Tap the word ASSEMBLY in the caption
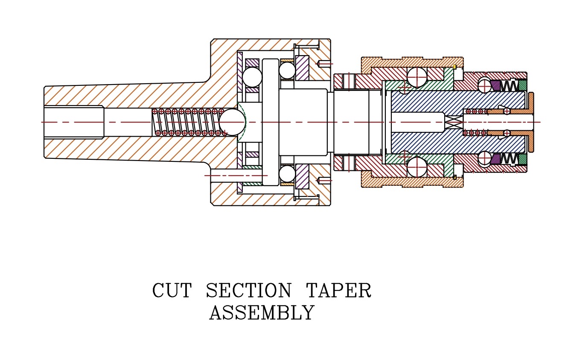[x=262, y=313]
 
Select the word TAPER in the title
[x=338, y=291]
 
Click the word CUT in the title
[x=172, y=291]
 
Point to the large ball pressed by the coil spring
[x=232, y=122]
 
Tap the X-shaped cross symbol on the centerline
[x=454, y=122]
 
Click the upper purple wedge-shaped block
[x=495, y=86]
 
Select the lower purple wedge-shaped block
[x=495, y=159]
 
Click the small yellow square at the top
[x=455, y=67]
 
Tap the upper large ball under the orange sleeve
[x=417, y=77]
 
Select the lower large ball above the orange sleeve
[x=417, y=167]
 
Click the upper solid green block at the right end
[x=523, y=86]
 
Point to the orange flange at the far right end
[x=531, y=122]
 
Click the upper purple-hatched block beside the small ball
[x=302, y=68]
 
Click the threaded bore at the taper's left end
[x=73, y=122]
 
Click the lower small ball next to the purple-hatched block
[x=287, y=174]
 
